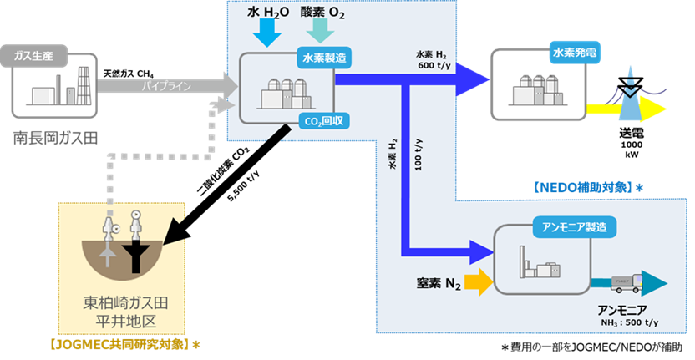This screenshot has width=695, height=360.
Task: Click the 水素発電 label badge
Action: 575,52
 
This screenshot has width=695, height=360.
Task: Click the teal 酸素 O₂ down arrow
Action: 320,33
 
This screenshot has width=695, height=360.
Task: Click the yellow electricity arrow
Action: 622,109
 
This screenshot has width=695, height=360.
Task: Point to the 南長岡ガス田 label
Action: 55,137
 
